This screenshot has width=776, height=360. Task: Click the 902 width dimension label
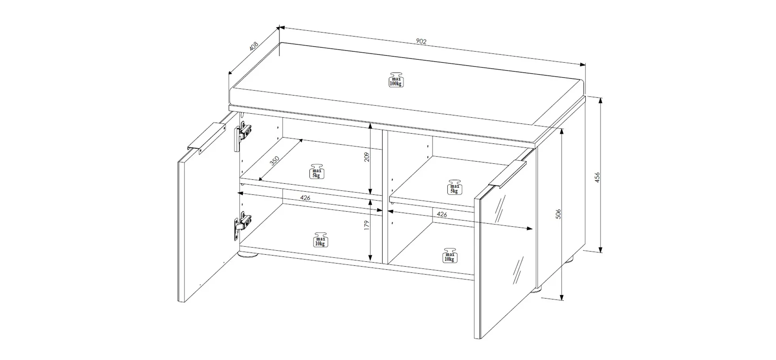click(x=421, y=41)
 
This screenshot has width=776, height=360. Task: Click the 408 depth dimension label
click(x=254, y=46)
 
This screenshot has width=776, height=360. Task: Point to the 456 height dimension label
click(x=597, y=177)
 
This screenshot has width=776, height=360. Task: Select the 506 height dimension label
click(x=558, y=214)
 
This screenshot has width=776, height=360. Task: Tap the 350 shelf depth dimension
click(x=274, y=161)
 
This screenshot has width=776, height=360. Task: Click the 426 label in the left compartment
click(x=305, y=198)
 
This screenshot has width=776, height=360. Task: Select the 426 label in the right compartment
click(x=442, y=214)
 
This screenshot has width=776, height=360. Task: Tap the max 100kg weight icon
click(x=396, y=80)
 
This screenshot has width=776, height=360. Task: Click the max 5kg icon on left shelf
click(x=316, y=171)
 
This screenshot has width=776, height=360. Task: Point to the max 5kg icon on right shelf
click(x=455, y=187)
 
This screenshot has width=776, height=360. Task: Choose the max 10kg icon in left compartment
click(x=321, y=240)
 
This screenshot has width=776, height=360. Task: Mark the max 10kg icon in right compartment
click(x=449, y=256)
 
